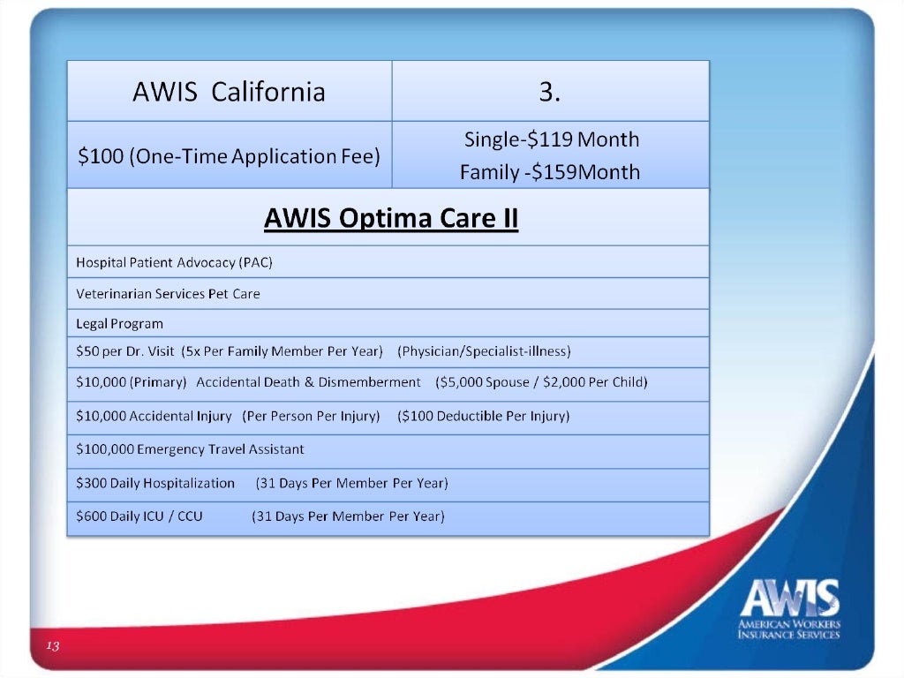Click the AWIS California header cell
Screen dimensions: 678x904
point(229,92)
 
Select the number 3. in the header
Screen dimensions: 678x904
point(550,92)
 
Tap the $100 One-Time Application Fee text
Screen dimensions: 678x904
point(229,156)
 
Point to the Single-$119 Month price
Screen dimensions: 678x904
point(551,139)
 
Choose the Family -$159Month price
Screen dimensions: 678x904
point(549,171)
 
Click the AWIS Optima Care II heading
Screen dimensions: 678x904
point(390,217)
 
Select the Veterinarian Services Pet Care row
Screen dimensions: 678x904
point(168,294)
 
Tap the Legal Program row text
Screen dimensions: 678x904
point(119,324)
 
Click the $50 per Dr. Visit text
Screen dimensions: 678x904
point(125,351)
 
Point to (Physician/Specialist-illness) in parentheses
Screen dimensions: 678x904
point(485,351)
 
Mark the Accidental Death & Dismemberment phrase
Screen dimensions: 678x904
point(308,382)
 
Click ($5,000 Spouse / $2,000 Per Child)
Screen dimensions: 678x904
point(541,382)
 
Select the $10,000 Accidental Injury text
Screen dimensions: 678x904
point(154,416)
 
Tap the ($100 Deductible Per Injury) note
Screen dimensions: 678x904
point(483,416)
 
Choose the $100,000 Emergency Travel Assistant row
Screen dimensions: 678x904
point(190,449)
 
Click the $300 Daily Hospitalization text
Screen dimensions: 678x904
point(155,483)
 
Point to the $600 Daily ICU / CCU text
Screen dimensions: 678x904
point(139,516)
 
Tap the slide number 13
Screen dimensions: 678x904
point(52,647)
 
